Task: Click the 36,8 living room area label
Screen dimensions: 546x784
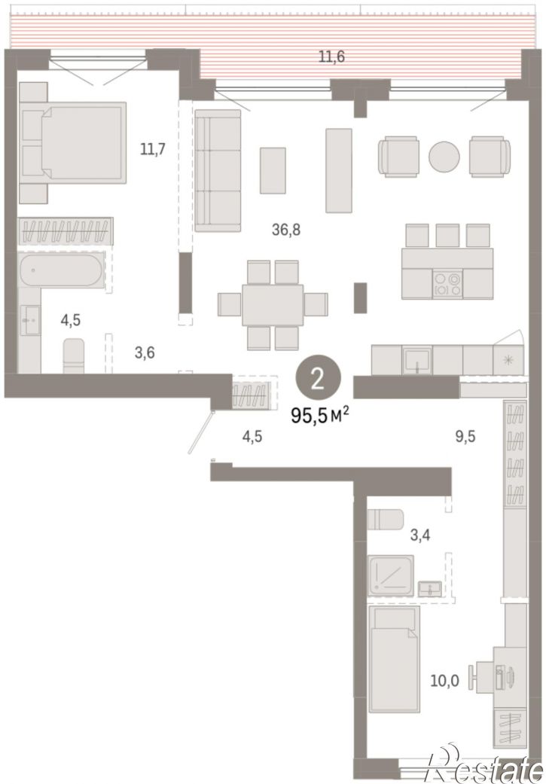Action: (x=286, y=230)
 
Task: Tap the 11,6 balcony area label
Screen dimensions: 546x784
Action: (x=331, y=56)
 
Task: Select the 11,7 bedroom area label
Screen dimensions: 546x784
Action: (x=152, y=149)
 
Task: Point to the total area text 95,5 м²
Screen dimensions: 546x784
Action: (x=320, y=415)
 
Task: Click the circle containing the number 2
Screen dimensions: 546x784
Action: (x=318, y=379)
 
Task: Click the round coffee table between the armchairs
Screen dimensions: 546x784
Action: (x=444, y=157)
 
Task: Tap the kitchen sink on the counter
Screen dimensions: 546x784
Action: (x=417, y=360)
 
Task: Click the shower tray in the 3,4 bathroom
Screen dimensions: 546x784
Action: (x=391, y=575)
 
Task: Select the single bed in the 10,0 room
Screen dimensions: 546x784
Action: (x=394, y=659)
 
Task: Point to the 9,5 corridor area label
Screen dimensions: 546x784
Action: (x=465, y=437)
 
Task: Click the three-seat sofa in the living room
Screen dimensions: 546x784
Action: (x=218, y=170)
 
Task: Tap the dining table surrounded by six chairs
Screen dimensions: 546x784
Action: (x=273, y=305)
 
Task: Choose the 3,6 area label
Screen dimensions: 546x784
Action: (x=145, y=353)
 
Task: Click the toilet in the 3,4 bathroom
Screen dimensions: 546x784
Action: (x=385, y=520)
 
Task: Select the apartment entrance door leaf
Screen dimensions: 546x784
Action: (x=200, y=432)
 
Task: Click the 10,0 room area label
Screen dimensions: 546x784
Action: (x=444, y=681)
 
